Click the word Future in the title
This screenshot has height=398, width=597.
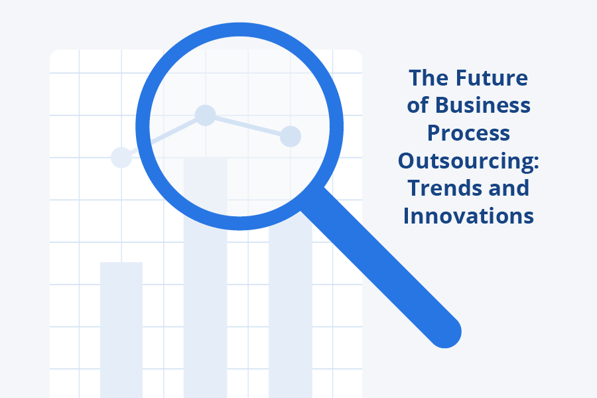492,78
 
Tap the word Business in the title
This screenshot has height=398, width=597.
483,105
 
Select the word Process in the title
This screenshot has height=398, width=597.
468,133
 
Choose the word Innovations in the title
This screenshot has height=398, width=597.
468,216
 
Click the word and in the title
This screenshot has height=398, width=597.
509,188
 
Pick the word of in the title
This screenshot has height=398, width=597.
418,105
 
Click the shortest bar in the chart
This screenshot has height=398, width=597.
121,330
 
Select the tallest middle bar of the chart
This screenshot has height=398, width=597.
205,278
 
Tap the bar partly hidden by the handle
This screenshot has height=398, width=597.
290,304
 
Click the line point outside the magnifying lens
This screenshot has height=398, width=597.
121,157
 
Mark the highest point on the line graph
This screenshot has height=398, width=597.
205,115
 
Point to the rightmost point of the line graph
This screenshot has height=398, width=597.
291,137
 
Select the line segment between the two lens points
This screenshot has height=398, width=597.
248,125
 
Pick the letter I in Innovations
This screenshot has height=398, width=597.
406,216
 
